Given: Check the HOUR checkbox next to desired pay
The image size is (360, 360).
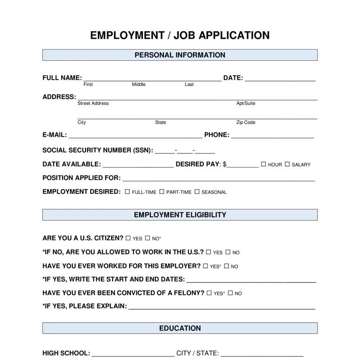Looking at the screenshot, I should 264,164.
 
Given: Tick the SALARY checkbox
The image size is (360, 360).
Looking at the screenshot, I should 287,164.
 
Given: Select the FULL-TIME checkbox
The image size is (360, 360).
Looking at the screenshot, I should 127,192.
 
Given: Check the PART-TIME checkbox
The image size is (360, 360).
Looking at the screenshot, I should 162,192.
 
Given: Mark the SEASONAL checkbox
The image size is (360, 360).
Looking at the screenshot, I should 197,192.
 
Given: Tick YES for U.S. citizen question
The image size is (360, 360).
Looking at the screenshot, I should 128,238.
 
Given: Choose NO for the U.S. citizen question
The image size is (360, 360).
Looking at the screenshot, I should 147,238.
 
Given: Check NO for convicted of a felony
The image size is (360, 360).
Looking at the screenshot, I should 230,293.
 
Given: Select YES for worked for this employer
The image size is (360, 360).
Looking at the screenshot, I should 205,266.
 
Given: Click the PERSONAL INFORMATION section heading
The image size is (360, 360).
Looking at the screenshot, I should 180,55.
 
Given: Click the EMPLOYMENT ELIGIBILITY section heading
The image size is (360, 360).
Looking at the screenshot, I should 180,215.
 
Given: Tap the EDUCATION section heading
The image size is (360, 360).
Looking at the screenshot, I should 180,328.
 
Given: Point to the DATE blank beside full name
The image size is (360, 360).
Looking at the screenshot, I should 280,80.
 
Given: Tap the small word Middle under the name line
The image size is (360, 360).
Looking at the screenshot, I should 139,85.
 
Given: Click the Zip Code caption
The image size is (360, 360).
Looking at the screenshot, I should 246,122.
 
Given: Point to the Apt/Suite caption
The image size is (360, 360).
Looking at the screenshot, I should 246,103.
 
